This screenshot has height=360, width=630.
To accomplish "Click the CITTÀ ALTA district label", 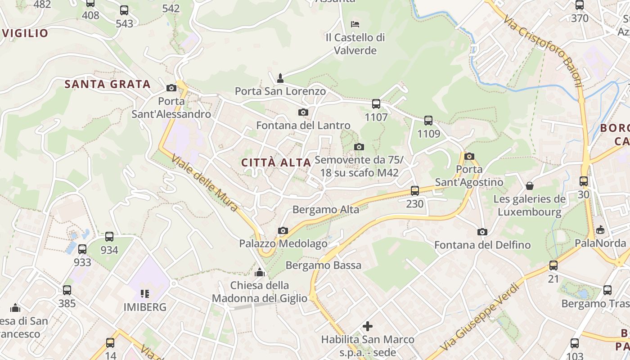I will pyautogui.click(x=276, y=162).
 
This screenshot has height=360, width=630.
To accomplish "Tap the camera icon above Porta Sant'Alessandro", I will pyautogui.click(x=171, y=88).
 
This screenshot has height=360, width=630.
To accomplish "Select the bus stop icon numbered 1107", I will pyautogui.click(x=376, y=104).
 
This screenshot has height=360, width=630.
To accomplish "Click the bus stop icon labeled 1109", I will pyautogui.click(x=428, y=121).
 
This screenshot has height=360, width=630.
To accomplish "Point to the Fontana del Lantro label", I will pyautogui.click(x=303, y=125).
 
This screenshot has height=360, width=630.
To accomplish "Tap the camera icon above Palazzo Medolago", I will pyautogui.click(x=283, y=231).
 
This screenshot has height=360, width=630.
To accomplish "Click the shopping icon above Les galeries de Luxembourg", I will pyautogui.click(x=530, y=186).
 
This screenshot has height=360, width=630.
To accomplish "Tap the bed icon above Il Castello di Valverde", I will pyautogui.click(x=355, y=24).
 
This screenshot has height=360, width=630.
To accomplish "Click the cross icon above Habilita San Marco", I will pyautogui.click(x=368, y=326).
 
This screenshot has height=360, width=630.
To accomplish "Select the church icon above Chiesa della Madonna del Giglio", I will pyautogui.click(x=260, y=272).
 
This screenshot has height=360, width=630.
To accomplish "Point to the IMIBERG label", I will pyautogui.click(x=145, y=307).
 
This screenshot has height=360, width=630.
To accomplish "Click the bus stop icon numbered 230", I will pyautogui.click(x=415, y=190).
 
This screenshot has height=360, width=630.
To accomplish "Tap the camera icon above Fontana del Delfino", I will pyautogui.click(x=482, y=232).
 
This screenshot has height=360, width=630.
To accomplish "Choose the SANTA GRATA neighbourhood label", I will pyautogui.click(x=107, y=84).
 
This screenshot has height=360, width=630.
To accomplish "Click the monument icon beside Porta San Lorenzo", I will pyautogui.click(x=280, y=78).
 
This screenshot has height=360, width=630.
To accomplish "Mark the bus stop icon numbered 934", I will pyautogui.click(x=109, y=237).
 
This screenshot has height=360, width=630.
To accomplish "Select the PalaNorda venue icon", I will pyautogui.click(x=600, y=230).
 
